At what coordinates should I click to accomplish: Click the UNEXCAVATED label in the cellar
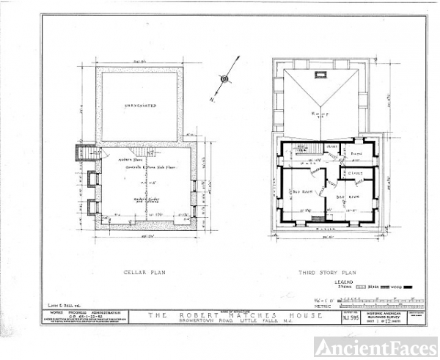pyautogui.click(x=141, y=106)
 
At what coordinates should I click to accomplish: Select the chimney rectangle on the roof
pyautogui.click(x=320, y=74)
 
